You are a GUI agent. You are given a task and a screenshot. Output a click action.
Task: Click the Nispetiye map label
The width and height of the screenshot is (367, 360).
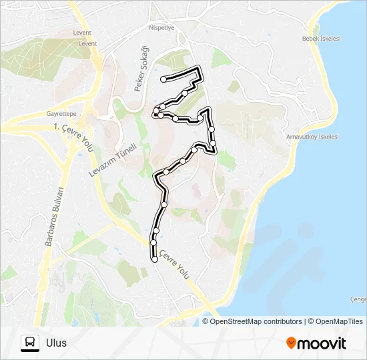tap(161, 28)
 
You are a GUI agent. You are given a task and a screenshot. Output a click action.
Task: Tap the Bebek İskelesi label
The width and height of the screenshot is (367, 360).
tap(322, 39)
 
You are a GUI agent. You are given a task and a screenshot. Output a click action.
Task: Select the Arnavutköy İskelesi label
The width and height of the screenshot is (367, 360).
tap(312, 137)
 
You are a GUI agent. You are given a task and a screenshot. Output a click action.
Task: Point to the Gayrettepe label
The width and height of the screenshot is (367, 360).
tap(61, 113)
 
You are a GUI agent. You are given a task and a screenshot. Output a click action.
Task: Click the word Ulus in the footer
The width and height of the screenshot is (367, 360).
tap(57, 343)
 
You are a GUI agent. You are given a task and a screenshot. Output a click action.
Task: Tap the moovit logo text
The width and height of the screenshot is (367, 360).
tap(322, 343)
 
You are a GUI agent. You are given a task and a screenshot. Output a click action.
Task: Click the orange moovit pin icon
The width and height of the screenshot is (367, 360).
tap(291, 343)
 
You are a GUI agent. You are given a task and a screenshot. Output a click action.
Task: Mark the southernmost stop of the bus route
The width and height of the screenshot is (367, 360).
tap(155, 260)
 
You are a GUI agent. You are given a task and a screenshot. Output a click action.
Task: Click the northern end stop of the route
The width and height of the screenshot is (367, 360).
tap(163, 79)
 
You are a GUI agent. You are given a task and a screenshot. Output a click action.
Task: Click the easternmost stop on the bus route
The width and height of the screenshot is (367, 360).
tap(213, 143)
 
